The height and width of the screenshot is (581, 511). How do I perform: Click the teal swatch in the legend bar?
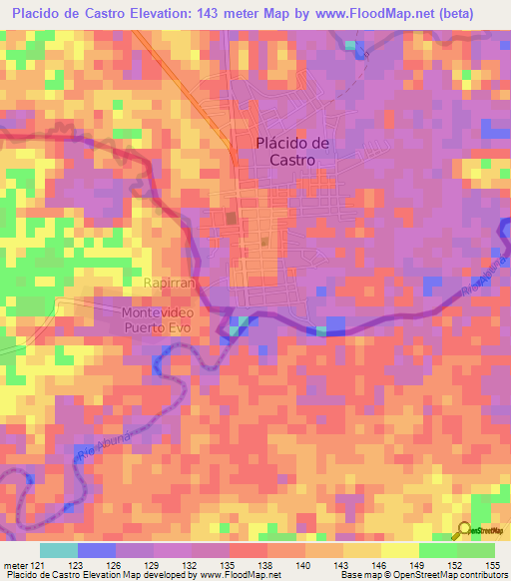(x=59, y=550)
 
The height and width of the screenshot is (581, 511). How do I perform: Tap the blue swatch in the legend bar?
(x=97, y=550)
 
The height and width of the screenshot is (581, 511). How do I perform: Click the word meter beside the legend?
(x=15, y=565)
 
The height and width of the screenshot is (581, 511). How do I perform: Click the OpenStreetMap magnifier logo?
(x=464, y=529)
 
